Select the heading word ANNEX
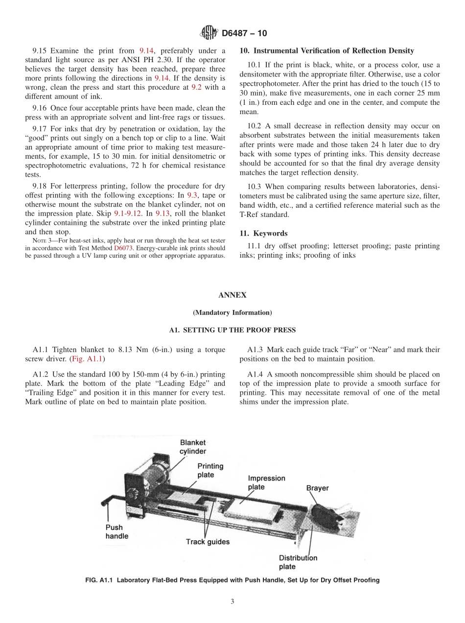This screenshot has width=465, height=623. coord(232,295)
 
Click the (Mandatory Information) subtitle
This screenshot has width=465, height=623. coord(232,312)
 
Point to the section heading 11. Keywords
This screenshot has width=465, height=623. coord(263,233)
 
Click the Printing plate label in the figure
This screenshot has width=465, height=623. coord(210,470)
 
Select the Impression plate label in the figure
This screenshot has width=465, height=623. coord(263,482)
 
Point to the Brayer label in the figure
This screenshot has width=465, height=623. coord(317,488)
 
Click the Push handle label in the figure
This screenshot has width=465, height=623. coord(116,531)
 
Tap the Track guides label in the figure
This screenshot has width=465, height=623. coord(208,542)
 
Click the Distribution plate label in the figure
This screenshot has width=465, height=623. coord(298,562)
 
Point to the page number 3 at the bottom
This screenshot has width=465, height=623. coord(232,602)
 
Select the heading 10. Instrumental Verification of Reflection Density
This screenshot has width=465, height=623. coord(326,50)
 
